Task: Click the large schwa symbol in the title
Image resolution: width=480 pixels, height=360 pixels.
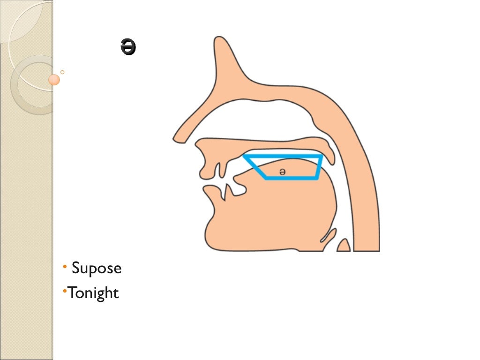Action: click(x=128, y=48)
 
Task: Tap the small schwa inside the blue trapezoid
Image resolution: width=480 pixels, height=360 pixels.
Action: click(x=282, y=172)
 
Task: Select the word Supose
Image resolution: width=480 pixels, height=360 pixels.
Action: click(x=96, y=269)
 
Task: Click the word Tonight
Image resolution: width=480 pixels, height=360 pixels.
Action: click(x=93, y=293)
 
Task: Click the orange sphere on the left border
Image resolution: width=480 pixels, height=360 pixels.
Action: click(x=54, y=80)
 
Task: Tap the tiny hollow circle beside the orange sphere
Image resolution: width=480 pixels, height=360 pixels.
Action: click(x=62, y=72)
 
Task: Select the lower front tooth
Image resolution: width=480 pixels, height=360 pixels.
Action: click(x=228, y=191)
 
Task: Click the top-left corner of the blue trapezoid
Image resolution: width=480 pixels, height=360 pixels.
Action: click(x=245, y=156)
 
